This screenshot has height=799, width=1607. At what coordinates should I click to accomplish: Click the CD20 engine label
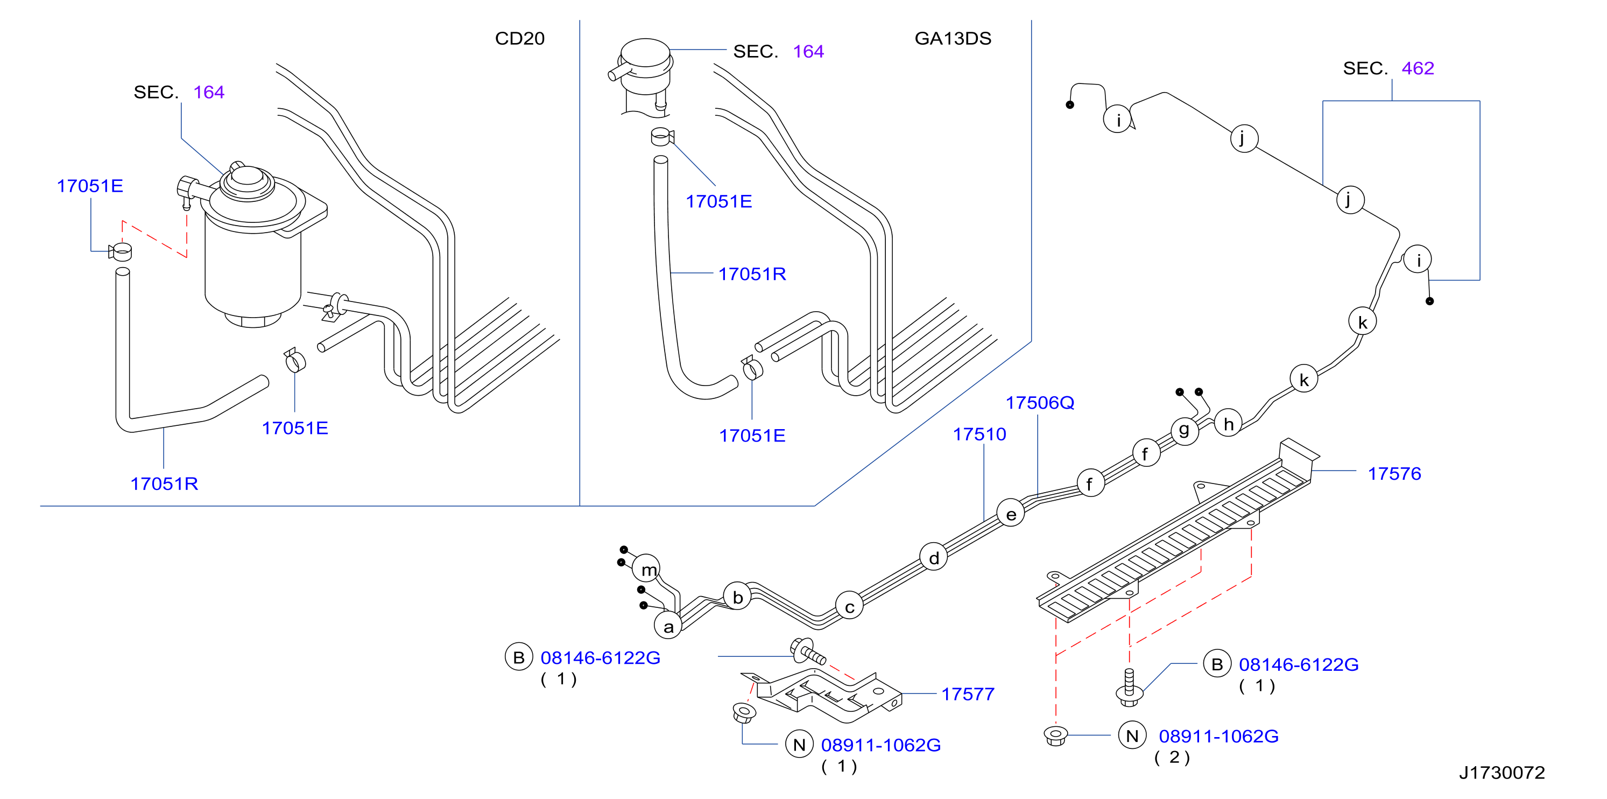click(520, 39)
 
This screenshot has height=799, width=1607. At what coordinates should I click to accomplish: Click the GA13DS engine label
click(953, 39)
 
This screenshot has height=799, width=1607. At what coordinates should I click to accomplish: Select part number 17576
click(1394, 474)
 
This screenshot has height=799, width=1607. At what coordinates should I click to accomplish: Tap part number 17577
click(968, 694)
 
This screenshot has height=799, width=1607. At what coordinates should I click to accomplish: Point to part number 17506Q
click(1040, 403)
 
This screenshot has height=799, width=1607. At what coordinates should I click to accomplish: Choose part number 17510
click(979, 434)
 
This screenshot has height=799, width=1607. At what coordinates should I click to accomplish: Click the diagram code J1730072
click(1502, 773)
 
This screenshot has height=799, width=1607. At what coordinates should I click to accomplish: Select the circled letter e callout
click(1011, 513)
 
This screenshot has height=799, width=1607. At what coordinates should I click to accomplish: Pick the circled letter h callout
click(1228, 423)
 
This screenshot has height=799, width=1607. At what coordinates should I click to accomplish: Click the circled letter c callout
click(849, 606)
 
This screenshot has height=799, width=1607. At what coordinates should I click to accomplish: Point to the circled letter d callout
click(934, 557)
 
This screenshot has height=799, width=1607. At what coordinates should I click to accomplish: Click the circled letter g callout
click(1185, 431)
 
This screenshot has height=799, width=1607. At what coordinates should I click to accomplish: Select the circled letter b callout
click(737, 597)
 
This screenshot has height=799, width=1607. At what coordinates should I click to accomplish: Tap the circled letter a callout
click(668, 626)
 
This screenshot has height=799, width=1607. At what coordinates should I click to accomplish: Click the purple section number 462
click(1418, 68)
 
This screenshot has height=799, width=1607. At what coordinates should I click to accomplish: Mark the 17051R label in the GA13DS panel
click(752, 274)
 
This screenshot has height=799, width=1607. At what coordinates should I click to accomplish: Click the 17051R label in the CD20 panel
click(164, 484)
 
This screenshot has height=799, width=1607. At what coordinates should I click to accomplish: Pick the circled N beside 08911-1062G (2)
click(1132, 736)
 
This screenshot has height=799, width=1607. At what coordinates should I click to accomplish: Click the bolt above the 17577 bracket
click(807, 650)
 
